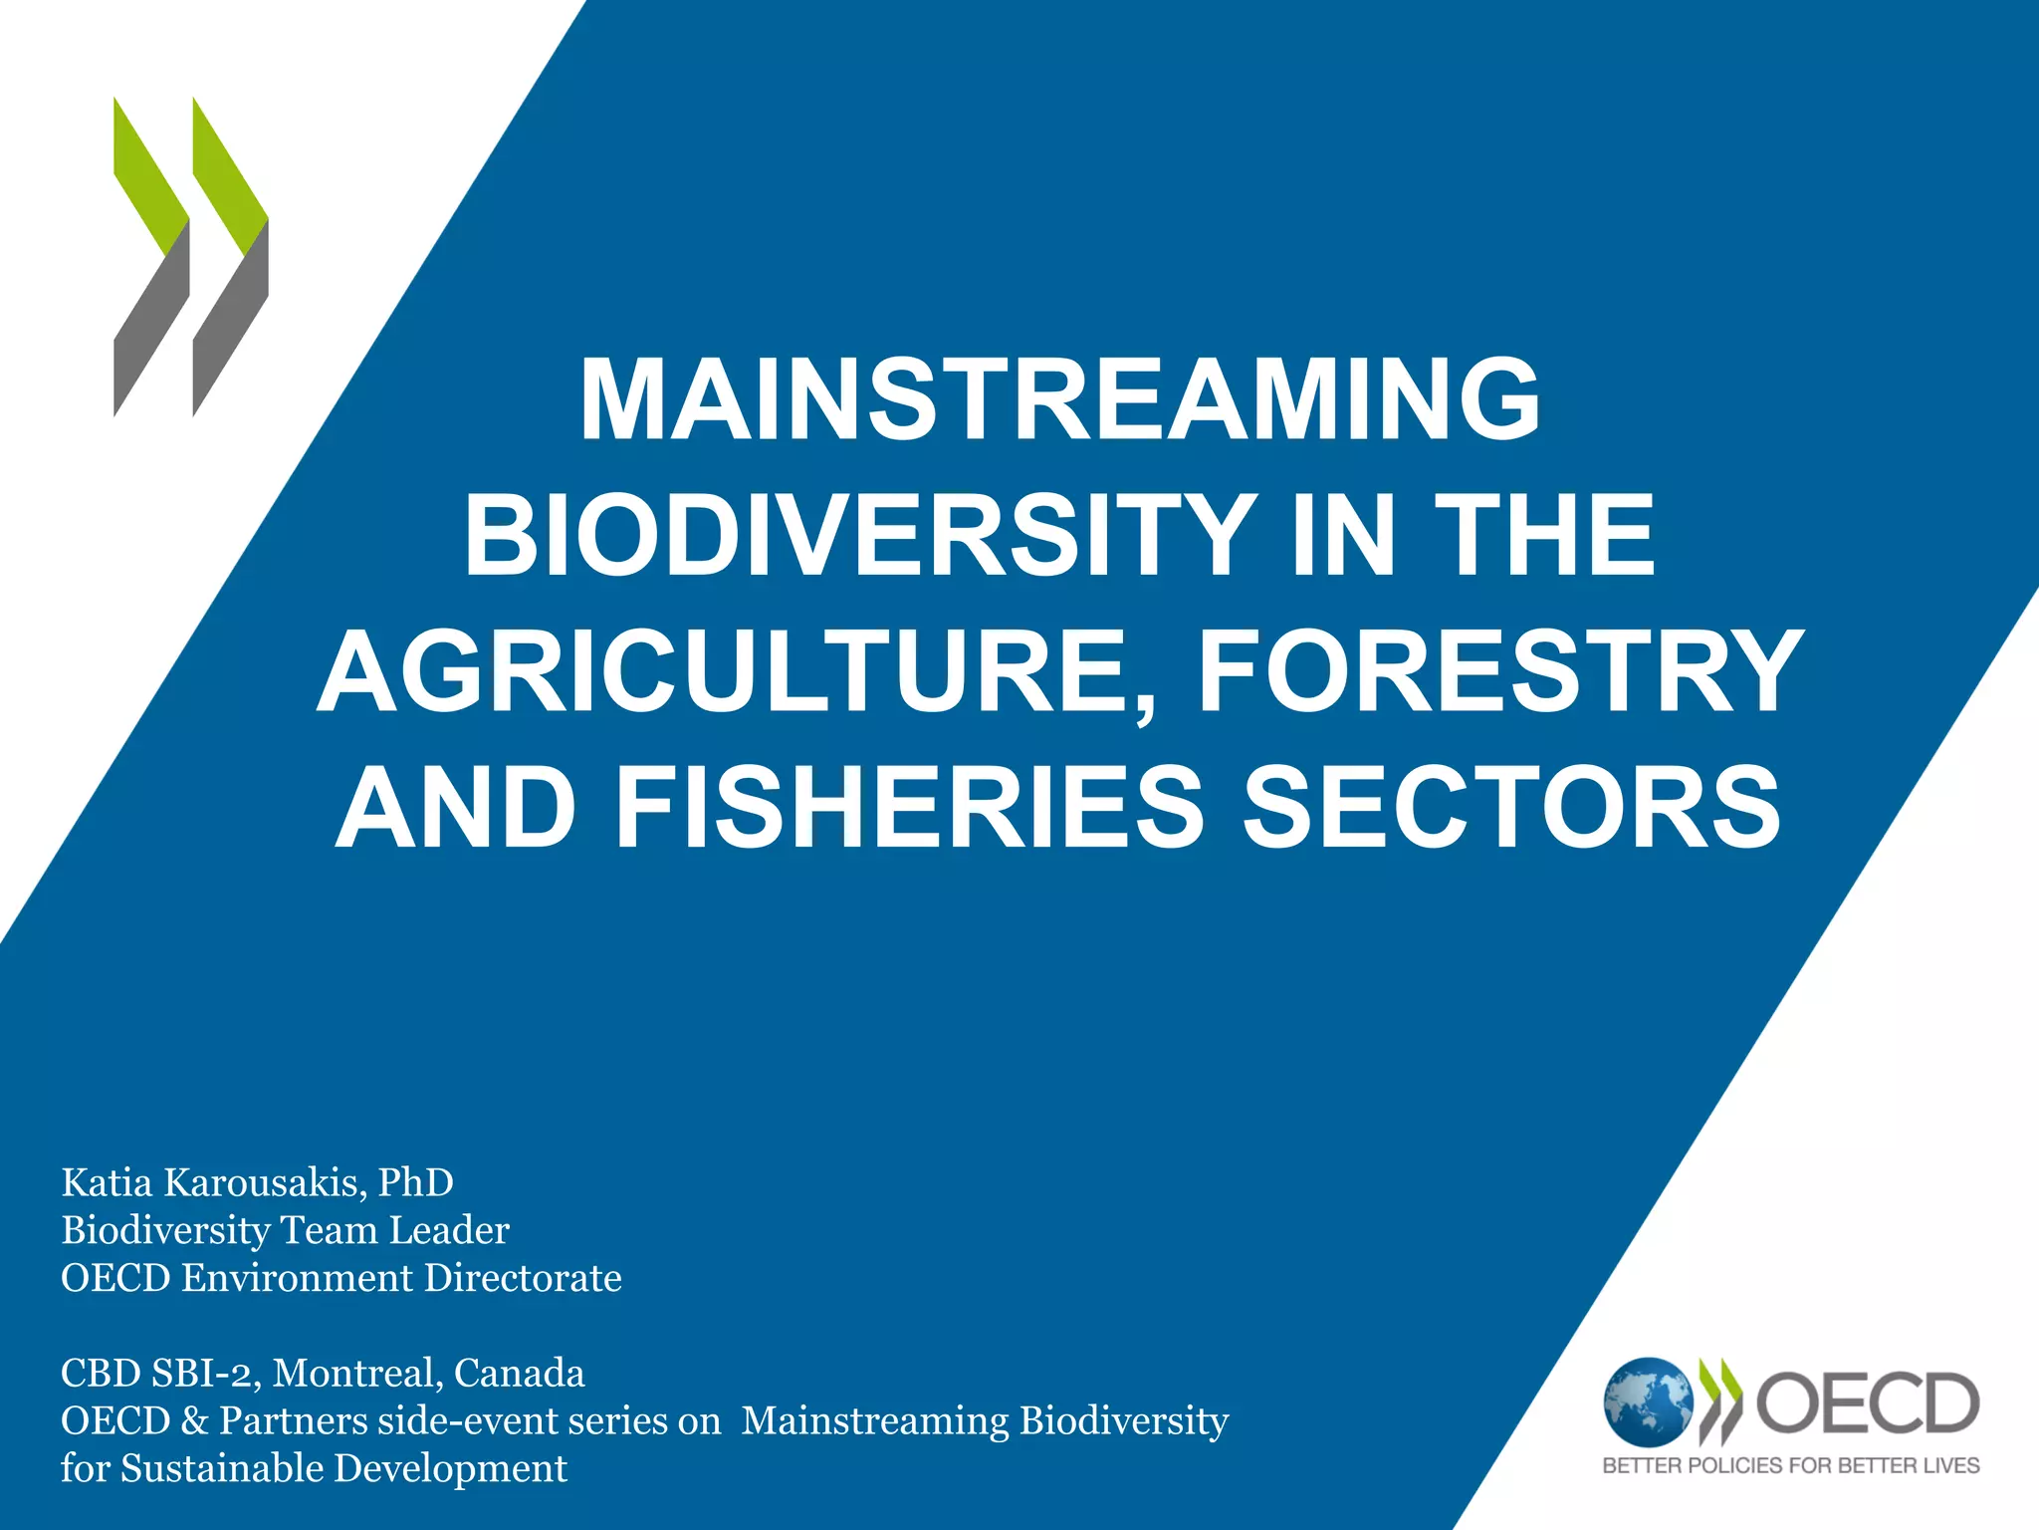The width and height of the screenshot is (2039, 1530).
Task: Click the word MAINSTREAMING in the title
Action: pyautogui.click(x=1059, y=400)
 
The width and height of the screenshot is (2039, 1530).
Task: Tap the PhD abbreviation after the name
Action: pyautogui.click(x=415, y=1182)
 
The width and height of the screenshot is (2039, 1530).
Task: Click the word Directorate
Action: pyautogui.click(x=523, y=1278)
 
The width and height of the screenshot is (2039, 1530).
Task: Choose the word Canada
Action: pyautogui.click(x=520, y=1374)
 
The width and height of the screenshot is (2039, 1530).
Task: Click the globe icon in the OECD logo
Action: pyautogui.click(x=1648, y=1402)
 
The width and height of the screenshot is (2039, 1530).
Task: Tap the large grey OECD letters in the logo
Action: pyautogui.click(x=1867, y=1402)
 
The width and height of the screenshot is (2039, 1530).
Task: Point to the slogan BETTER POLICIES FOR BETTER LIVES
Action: pyautogui.click(x=1790, y=1465)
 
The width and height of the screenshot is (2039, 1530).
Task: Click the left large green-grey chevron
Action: pyautogui.click(x=151, y=257)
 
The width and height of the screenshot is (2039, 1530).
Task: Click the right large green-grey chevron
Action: pyautogui.click(x=230, y=257)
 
